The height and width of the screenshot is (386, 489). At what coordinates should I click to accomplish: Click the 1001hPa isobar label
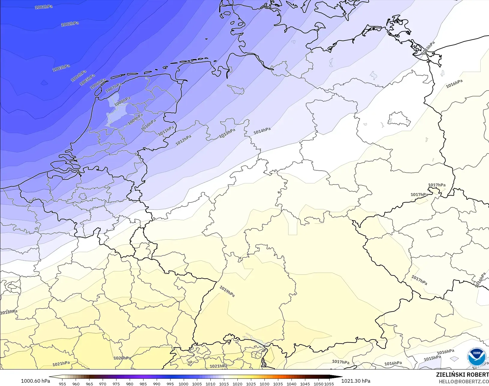click(x=44, y=7)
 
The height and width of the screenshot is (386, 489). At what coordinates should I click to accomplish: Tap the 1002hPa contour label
click(x=70, y=24)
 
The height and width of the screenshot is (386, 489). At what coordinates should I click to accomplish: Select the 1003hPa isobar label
click(x=61, y=68)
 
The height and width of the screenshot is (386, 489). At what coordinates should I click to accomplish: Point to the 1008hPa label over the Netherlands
click(x=122, y=101)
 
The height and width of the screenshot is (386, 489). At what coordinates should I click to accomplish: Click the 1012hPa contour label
click(x=183, y=140)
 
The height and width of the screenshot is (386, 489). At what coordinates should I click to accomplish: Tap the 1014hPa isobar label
click(x=262, y=131)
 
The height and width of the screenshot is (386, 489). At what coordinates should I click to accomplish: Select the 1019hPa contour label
click(x=227, y=291)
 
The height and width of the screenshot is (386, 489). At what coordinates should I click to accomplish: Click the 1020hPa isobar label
click(x=122, y=358)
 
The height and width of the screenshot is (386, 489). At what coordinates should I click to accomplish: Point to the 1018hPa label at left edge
click(x=9, y=312)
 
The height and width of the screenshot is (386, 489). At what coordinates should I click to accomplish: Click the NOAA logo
click(x=476, y=357)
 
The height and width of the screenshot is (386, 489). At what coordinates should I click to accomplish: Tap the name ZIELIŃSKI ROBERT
click(x=462, y=375)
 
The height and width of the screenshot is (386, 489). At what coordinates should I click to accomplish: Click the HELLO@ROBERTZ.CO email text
click(x=464, y=382)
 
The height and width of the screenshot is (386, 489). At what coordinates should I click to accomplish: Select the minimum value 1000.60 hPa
click(x=35, y=381)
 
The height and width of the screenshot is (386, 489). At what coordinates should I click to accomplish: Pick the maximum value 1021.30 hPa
click(x=356, y=381)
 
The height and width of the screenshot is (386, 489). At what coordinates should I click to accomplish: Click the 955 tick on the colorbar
click(x=62, y=384)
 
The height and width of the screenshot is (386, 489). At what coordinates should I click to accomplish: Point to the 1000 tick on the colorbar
click(x=183, y=384)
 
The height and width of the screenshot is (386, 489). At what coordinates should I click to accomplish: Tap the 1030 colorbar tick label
click(x=264, y=384)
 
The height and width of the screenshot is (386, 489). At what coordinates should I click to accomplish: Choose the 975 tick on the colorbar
click(x=116, y=384)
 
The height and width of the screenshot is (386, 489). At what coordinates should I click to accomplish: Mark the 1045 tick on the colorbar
click(x=305, y=384)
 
